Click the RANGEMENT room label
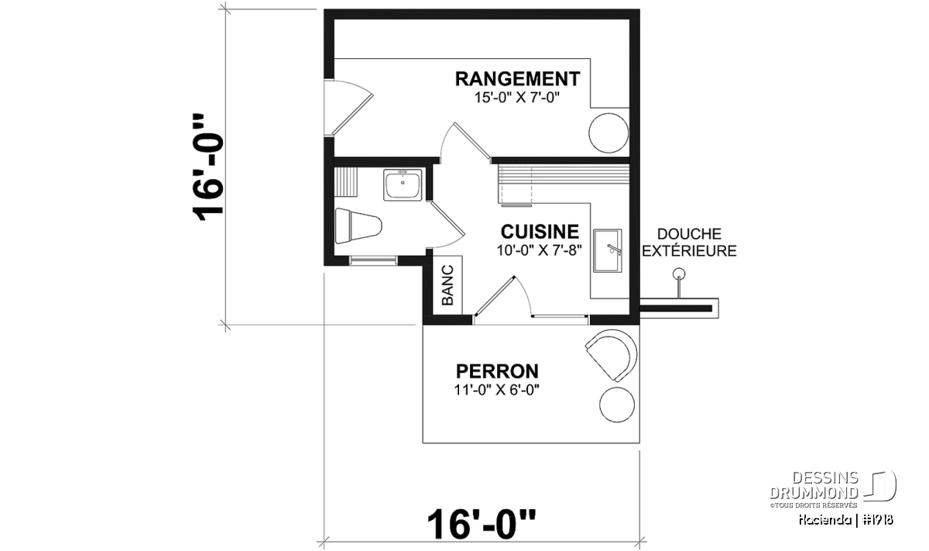coord(518,79)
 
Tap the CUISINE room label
coord(540,232)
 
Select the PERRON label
coord(497,371)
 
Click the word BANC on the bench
coord(447,285)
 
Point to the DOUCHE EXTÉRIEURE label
coord(689,243)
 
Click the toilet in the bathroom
coord(358,226)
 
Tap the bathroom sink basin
coord(403,185)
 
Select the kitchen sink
coord(608,251)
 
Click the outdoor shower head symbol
coord(679,274)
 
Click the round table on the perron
coord(617,405)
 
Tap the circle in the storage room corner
coord(608,133)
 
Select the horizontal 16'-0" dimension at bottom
coord(481,525)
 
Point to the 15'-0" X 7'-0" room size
coord(517,98)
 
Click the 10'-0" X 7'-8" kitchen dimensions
coord(540,250)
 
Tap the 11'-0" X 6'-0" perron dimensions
coord(497,390)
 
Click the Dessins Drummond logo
coord(833,488)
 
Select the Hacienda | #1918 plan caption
coord(846,520)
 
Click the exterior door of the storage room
coord(348,107)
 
